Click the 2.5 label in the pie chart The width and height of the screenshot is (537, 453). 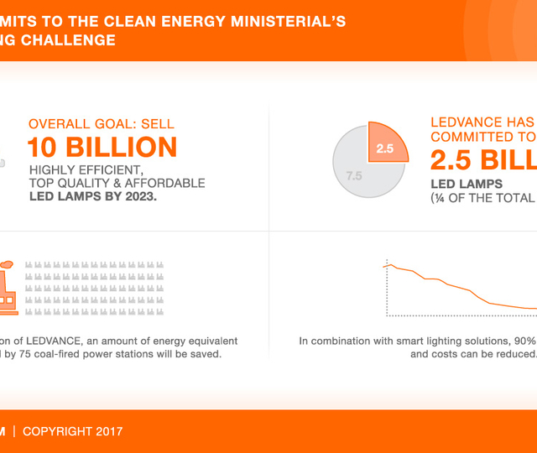(385, 148)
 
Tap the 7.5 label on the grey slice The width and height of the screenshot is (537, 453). (354, 176)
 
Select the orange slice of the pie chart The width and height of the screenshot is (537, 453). (389, 143)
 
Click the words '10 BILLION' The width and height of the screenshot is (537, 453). (102, 148)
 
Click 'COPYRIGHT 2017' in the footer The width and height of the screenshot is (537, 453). (72, 431)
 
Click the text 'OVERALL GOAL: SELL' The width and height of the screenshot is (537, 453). (102, 124)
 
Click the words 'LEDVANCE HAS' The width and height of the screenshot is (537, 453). (482, 122)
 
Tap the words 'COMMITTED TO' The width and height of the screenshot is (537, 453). (482, 137)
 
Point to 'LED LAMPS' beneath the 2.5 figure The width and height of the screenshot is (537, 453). (467, 184)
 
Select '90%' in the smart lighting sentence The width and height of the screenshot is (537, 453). (524, 341)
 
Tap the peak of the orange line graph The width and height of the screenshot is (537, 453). (388, 264)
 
